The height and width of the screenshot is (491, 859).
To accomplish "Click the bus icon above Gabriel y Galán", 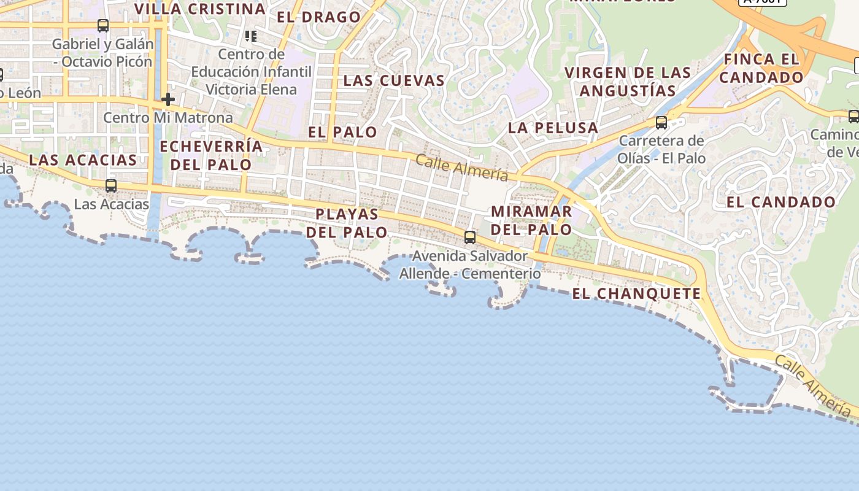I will click(x=103, y=26).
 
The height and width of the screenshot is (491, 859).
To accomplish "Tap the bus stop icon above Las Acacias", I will click(x=111, y=185).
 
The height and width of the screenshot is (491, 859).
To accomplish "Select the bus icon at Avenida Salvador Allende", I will click(x=470, y=237).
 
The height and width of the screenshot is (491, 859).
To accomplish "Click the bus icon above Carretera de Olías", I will click(x=661, y=122).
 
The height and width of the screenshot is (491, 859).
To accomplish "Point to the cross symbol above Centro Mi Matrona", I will click(x=168, y=99).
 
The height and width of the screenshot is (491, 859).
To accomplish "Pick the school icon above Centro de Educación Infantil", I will click(x=250, y=36).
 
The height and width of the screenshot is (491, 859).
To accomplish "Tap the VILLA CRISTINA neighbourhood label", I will click(x=199, y=9).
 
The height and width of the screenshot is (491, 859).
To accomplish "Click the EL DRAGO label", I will click(x=318, y=17).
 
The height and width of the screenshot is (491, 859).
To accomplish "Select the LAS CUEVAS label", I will click(x=394, y=80).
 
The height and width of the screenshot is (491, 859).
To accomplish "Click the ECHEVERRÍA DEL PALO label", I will click(x=211, y=156).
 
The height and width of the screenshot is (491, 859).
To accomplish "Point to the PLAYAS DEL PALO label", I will click(x=347, y=223).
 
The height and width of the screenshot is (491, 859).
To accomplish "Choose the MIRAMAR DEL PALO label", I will click(x=531, y=220).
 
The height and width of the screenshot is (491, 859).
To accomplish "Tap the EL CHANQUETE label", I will click(x=636, y=294).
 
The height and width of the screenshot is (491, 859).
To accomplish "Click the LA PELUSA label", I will click(x=553, y=128).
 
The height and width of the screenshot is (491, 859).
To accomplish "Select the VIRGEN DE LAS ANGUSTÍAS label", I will click(x=628, y=82).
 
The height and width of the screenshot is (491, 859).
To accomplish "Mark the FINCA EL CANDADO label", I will click(x=761, y=68).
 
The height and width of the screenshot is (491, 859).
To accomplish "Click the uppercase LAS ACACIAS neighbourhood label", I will click(x=83, y=160).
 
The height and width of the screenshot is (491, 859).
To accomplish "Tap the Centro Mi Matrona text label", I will click(x=168, y=117).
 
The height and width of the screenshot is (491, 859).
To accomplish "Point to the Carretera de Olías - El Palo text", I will click(x=662, y=149).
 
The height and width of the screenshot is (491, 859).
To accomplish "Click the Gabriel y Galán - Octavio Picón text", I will click(x=102, y=53).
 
